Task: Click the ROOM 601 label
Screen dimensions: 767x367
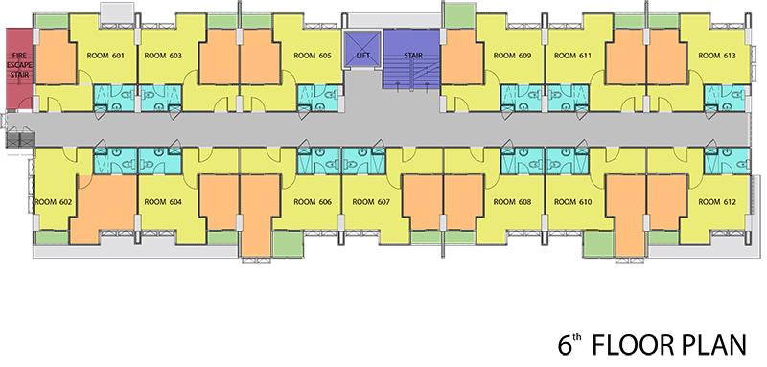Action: coord(105,56)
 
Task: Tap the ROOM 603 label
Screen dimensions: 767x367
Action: coord(163,56)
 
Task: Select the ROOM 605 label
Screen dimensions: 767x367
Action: coord(313,56)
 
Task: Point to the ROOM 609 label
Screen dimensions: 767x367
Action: coord(512,56)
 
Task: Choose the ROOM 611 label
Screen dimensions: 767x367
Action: coord(572,56)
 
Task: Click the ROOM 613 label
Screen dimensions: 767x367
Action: coord(716,56)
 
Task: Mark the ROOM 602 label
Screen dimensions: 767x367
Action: coord(54,202)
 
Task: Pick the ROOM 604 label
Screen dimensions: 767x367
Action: coord(163,202)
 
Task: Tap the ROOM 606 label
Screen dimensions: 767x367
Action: coord(313,202)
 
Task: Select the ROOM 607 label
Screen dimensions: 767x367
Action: coord(371,202)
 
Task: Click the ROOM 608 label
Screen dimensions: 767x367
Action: coord(512,202)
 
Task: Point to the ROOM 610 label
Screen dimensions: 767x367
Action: coord(572,202)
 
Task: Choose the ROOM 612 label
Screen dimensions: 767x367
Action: coord(716,202)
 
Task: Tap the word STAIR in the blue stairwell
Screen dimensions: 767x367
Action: coord(413,56)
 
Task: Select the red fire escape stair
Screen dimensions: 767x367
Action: coord(19,67)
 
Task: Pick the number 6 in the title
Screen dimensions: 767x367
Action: coord(565,345)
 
